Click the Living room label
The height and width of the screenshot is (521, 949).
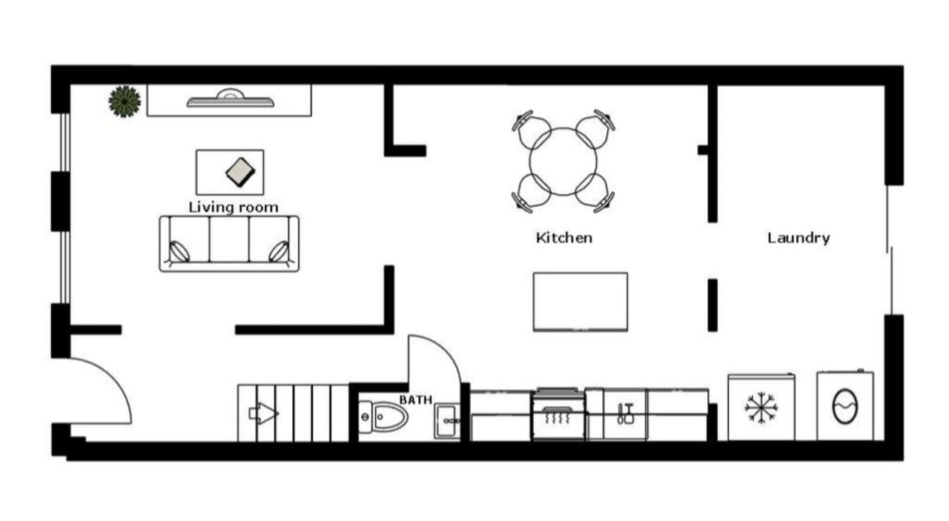click(x=234, y=208)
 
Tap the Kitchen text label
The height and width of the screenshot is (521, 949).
click(x=564, y=238)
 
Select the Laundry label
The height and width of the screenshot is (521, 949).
click(x=798, y=238)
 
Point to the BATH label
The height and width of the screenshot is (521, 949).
click(x=416, y=400)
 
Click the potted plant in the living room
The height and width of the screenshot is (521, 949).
click(x=125, y=102)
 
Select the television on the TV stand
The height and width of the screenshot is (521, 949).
click(x=231, y=99)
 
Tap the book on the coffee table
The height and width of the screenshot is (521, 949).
click(x=240, y=172)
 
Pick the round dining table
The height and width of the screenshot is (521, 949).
click(x=563, y=162)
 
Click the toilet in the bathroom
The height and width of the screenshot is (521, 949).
click(x=382, y=417)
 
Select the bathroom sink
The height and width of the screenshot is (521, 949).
click(x=447, y=421)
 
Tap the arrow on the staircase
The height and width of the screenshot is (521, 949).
click(x=263, y=413)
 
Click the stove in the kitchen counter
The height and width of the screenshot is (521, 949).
click(x=558, y=414)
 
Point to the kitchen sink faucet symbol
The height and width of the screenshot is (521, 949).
click(x=625, y=414)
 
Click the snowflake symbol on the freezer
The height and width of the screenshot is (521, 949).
click(x=761, y=408)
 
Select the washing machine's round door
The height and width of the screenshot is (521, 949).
click(x=845, y=406)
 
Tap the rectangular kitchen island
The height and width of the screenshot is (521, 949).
click(x=581, y=302)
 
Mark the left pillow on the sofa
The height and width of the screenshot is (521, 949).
click(x=179, y=251)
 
